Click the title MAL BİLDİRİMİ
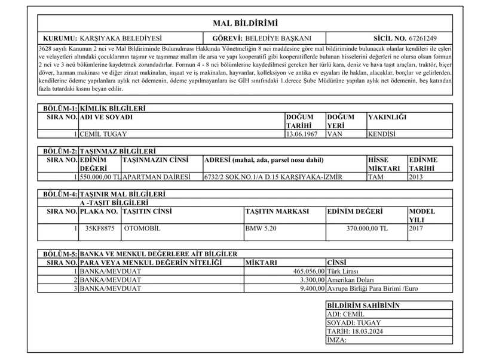click(x=246, y=23)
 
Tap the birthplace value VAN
click(x=334, y=134)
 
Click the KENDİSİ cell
click(x=382, y=134)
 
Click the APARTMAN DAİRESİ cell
click(x=156, y=177)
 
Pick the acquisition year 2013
click(x=416, y=177)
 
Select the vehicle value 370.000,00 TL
click(x=367, y=228)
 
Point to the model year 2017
click(x=418, y=228)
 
